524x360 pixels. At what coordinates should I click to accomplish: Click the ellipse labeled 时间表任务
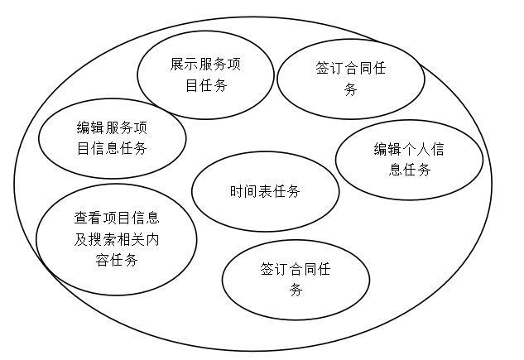265,192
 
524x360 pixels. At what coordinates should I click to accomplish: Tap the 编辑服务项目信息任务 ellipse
112,137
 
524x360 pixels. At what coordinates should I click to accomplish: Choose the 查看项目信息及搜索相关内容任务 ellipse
116,239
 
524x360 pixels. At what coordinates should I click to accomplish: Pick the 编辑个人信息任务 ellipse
409,160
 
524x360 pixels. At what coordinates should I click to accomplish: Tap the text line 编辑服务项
112,127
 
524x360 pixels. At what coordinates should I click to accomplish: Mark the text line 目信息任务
112,149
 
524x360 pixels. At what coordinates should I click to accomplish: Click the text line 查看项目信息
116,218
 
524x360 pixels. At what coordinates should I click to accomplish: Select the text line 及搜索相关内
116,240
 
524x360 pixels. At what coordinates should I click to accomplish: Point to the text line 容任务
116,261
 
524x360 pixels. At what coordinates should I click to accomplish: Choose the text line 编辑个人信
409,150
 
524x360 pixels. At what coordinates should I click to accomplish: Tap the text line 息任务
409,170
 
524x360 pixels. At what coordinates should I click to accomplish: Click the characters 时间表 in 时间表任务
251,192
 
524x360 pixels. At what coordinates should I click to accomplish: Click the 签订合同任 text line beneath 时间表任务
296,270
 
